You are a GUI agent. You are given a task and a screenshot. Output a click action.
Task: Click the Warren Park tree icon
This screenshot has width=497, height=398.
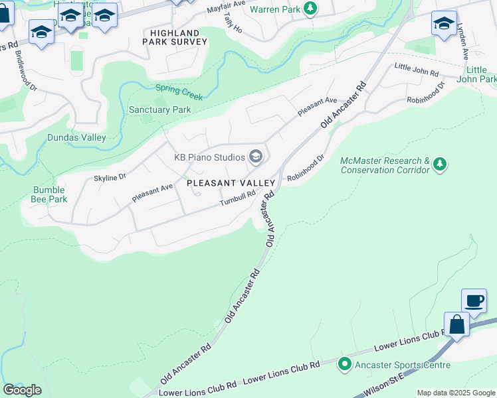pyautogui.click(x=310, y=9)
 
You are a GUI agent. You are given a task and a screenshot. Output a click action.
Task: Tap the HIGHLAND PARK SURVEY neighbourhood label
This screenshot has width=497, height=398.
pyautogui.click(x=175, y=37)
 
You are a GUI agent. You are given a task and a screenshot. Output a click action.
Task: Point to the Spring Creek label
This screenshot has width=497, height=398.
pyautogui.click(x=179, y=92)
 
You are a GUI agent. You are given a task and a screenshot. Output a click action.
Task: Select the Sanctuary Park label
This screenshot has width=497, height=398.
pyautogui.click(x=159, y=109)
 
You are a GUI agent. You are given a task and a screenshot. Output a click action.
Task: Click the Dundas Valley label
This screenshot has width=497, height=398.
pyautogui.click(x=76, y=137)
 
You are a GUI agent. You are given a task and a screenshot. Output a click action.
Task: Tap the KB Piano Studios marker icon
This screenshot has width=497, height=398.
pyautogui.click(x=255, y=157)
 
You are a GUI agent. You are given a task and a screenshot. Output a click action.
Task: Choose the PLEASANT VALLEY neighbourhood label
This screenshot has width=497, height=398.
pyautogui.click(x=231, y=182)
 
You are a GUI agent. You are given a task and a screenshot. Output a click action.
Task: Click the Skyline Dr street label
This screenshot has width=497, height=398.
pyautogui.click(x=110, y=178)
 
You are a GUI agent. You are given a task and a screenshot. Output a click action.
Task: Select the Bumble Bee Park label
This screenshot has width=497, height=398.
pyautogui.click(x=50, y=194)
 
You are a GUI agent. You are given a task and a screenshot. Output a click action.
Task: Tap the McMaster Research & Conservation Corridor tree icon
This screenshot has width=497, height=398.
pyautogui.click(x=439, y=164)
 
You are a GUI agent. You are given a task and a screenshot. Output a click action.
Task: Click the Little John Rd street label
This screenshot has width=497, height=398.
pyautogui.click(x=417, y=69)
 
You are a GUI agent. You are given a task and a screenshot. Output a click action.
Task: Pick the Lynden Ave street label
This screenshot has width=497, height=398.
pyautogui.click(x=462, y=42)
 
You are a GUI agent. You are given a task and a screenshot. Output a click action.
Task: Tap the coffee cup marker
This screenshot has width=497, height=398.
pyautogui.click(x=474, y=301)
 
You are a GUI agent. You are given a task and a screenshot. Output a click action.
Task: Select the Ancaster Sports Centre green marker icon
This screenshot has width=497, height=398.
pyautogui.click(x=345, y=364)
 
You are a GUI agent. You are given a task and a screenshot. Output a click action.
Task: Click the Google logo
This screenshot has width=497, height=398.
pyautogui.click(x=22, y=390)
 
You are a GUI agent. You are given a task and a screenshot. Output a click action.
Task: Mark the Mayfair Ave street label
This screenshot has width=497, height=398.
pyautogui.click(x=229, y=8)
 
